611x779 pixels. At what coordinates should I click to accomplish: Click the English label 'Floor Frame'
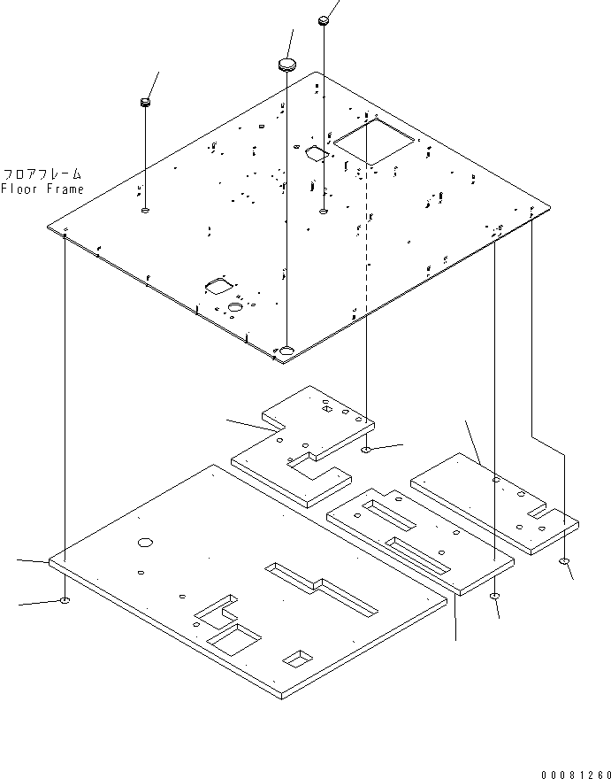tap(42, 189)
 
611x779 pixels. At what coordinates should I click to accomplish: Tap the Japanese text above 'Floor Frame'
tap(42, 174)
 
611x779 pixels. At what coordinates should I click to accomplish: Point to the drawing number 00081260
tap(576, 774)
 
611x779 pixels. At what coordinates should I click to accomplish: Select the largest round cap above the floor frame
tap(286, 64)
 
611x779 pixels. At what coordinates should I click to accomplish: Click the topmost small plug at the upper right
tap(324, 21)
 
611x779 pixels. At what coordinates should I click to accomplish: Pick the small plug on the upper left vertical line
tap(145, 103)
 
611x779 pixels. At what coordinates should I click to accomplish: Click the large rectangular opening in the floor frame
tap(374, 141)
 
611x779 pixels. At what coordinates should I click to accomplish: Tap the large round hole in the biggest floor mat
tap(145, 542)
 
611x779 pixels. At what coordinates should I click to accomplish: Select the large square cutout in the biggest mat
tap(233, 639)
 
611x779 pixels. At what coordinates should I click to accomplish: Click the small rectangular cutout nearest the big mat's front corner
tap(298, 658)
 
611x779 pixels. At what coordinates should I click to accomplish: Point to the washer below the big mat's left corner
tap(65, 601)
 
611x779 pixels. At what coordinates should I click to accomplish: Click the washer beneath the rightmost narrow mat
tap(564, 561)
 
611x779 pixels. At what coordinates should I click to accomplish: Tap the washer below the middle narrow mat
tap(495, 596)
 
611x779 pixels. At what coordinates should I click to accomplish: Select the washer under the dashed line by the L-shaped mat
tap(366, 450)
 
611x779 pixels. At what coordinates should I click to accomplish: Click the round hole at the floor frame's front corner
tap(286, 351)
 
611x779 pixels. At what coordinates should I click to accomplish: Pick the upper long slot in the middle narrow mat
tap(389, 514)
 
